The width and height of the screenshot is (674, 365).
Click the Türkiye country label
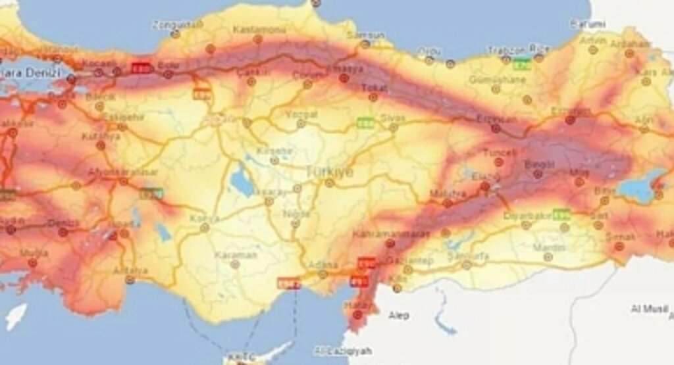click(x=328, y=172)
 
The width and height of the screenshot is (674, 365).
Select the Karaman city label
click(x=236, y=255)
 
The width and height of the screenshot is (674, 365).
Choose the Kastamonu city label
click(x=257, y=29)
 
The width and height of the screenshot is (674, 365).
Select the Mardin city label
click(x=549, y=247)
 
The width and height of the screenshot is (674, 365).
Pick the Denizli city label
click(x=63, y=224)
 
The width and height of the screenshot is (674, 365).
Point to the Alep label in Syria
click(x=398, y=316)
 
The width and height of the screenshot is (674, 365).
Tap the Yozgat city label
click(x=301, y=114)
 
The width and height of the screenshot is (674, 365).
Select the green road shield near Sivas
click(x=364, y=122)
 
